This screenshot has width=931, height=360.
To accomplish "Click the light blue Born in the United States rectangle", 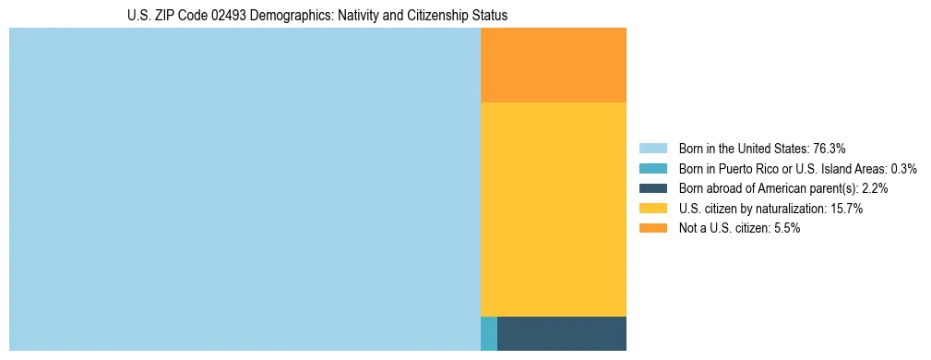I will [245, 189].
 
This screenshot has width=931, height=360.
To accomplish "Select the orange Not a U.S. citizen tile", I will [554, 65].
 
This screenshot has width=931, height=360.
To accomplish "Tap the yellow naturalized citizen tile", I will [554, 209].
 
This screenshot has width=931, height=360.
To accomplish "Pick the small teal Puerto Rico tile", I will [489, 333].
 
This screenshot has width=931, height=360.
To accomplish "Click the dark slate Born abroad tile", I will [562, 333].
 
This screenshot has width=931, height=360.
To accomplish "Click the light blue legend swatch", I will [652, 149].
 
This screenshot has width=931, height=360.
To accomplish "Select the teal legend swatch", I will [652, 169].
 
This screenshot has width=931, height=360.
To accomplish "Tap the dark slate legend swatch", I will [652, 188].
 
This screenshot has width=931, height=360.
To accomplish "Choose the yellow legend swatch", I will [652, 209].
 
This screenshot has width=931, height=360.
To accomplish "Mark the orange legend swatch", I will [652, 228].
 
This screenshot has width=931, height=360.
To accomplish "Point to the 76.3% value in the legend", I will [830, 149].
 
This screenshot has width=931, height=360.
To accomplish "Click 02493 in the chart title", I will [225, 16].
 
